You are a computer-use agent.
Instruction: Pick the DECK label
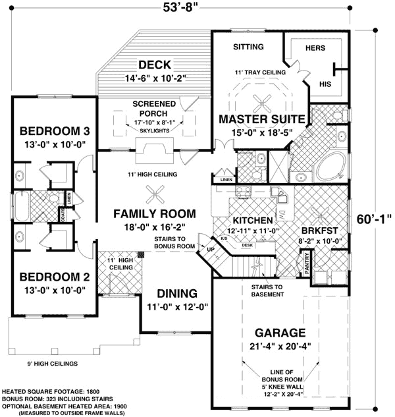coord(155,65)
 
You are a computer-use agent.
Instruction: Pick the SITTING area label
coord(248,47)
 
